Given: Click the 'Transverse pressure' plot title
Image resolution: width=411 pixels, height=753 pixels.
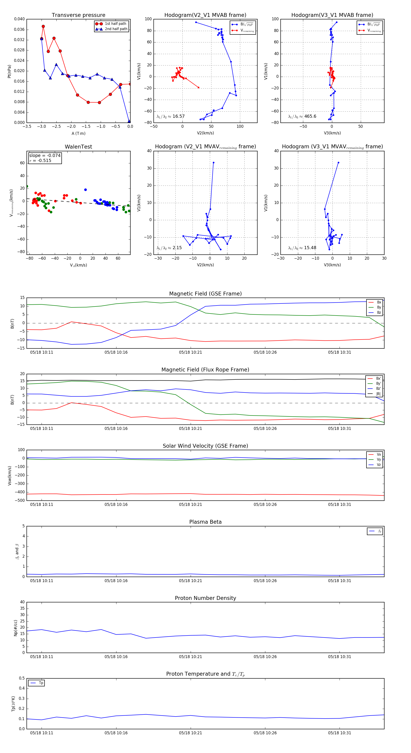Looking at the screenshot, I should point(78,15).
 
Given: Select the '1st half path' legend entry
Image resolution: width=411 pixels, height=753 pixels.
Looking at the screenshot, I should point(115,24).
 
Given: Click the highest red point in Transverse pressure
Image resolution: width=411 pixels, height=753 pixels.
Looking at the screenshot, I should point(43,26).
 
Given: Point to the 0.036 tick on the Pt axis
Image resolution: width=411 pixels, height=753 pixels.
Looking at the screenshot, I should point(19,29).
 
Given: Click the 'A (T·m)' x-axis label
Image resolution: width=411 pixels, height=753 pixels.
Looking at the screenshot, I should point(78,133).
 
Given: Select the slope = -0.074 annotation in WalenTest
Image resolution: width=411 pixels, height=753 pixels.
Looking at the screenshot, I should point(45,156).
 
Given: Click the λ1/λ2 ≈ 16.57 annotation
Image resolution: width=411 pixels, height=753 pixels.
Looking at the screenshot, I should point(171,116).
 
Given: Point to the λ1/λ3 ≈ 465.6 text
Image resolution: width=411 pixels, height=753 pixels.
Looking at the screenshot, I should point(302,116).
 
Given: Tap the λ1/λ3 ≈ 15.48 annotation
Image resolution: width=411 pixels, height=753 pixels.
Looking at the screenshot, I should point(302,248).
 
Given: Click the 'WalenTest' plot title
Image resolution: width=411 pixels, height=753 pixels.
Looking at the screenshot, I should point(78,147).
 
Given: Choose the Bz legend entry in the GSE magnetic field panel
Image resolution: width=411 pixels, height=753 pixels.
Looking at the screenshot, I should point(379,312).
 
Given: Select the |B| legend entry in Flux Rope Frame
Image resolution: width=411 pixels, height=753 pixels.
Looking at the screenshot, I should point(378,394).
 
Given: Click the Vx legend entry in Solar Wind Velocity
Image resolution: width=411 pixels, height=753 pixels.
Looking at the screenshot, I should point(379,455).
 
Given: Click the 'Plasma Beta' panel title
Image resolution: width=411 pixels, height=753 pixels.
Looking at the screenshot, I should point(205,522).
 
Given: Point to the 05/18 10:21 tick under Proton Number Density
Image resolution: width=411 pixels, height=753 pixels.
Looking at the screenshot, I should point(190,656).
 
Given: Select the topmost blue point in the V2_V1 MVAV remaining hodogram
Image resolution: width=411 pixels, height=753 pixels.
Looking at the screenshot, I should point(213,162).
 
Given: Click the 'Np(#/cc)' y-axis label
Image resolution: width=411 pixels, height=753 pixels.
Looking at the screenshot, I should point(16,627).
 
